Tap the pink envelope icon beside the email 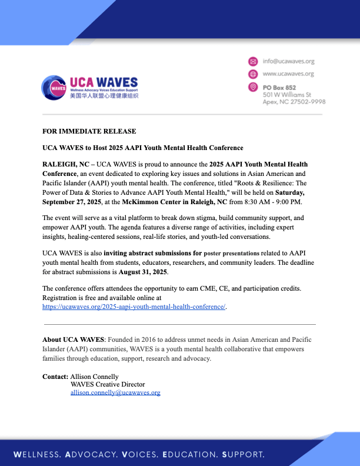tap(253, 61)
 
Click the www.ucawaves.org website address tap(288, 74)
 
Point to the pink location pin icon tap(253, 87)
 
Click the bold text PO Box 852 tap(280, 87)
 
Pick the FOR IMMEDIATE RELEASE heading tap(89, 131)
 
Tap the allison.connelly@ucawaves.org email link tap(115, 392)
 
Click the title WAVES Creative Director tap(107, 384)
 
